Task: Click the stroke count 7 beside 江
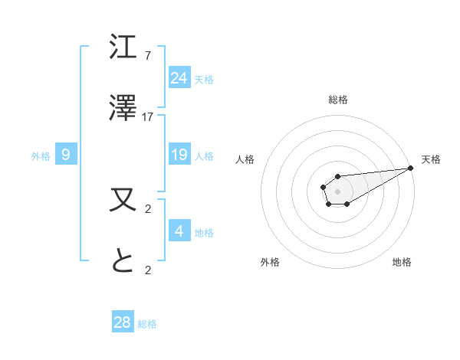point(148,56)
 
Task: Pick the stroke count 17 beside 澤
point(148,117)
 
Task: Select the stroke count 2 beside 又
point(148,208)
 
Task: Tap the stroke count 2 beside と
point(148,270)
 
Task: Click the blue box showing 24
point(179,77)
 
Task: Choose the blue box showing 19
point(179,155)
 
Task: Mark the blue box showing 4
point(179,231)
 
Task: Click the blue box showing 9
point(66,155)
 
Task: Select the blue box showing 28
point(123,322)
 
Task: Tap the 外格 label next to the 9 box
point(41,155)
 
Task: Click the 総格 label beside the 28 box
point(147,324)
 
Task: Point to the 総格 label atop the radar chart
point(338,100)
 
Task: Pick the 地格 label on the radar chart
point(402,262)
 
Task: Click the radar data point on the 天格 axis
point(411,168)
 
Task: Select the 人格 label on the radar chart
point(245,159)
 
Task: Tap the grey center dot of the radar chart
point(337,190)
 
